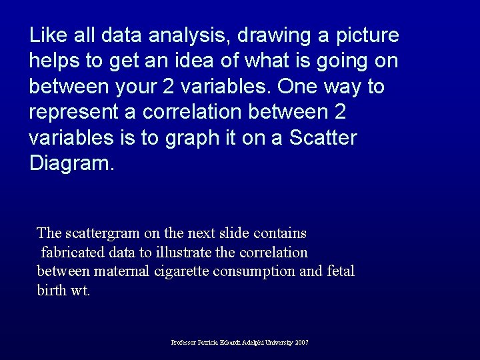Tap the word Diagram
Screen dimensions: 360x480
[71, 164]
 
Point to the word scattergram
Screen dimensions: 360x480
[101, 233]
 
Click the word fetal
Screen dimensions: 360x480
[340, 271]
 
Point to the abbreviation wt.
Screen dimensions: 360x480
[80, 291]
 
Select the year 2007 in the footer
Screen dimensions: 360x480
[301, 343]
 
